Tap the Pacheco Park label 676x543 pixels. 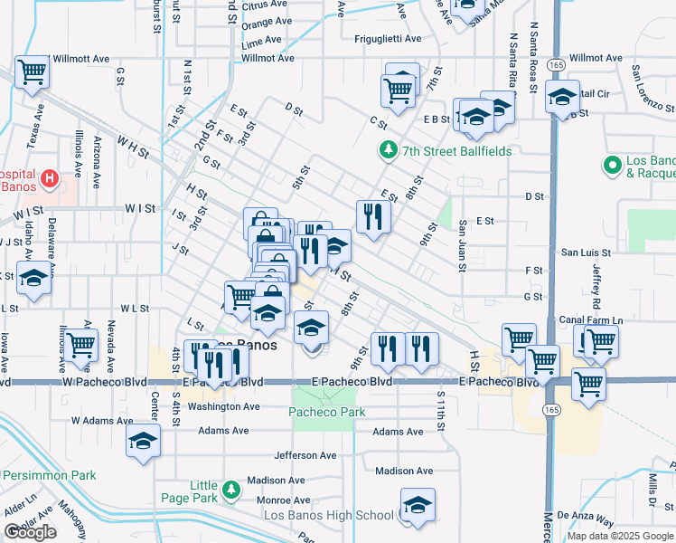(x=327, y=412)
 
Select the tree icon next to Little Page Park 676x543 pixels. (x=232, y=490)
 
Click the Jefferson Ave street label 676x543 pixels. (x=305, y=456)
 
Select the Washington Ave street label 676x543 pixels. (x=223, y=407)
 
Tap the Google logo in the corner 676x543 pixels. (x=30, y=532)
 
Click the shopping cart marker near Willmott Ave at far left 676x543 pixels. (x=32, y=71)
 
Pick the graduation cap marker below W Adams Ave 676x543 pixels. (x=143, y=441)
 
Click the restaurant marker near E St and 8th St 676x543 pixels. (x=372, y=215)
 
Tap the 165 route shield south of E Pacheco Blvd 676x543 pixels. (x=551, y=410)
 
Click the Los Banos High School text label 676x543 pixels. (x=328, y=516)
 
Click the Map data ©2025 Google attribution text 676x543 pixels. (x=619, y=536)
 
